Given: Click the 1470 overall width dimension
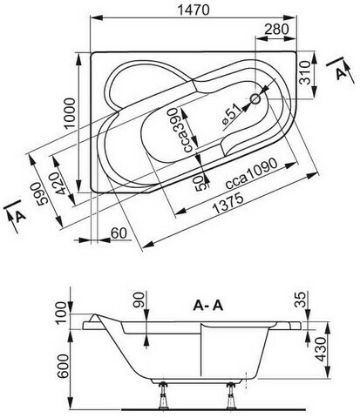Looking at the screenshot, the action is pyautogui.click(x=194, y=10).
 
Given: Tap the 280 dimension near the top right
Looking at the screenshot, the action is pyautogui.click(x=277, y=29).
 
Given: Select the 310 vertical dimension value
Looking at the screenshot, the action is pyautogui.click(x=305, y=72).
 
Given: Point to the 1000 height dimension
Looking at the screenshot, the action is pyautogui.click(x=70, y=113).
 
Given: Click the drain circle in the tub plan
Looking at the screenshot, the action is pyautogui.click(x=256, y=99).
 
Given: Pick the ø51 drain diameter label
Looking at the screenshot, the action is pyautogui.click(x=231, y=116).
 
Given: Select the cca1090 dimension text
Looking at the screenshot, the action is pyautogui.click(x=252, y=173).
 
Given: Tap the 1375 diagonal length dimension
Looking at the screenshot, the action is pyautogui.click(x=228, y=203).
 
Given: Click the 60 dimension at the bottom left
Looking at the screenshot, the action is pyautogui.click(x=119, y=233).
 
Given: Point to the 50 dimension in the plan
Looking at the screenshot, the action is pyautogui.click(x=202, y=184).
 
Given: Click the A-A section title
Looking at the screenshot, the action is pyautogui.click(x=208, y=305).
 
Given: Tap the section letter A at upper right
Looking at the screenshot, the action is pyautogui.click(x=341, y=73).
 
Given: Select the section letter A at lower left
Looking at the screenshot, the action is pyautogui.click(x=20, y=216).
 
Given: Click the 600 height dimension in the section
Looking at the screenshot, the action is pyautogui.click(x=63, y=366).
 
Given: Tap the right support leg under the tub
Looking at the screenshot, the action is pyautogui.click(x=231, y=395).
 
